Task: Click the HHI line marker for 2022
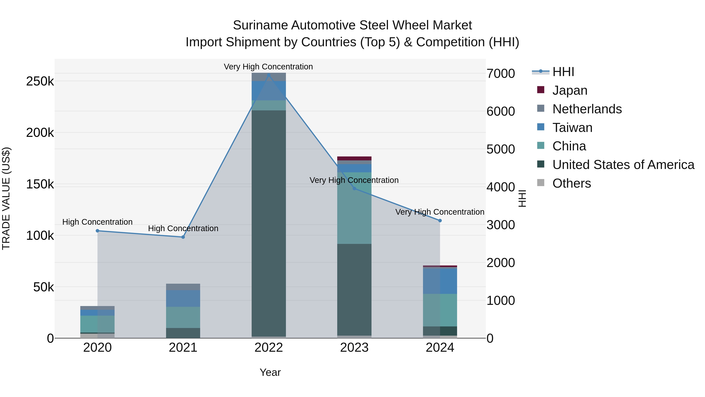(268, 75)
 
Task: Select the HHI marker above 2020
(98, 231)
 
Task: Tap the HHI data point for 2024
(440, 221)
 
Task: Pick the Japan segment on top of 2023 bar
(354, 158)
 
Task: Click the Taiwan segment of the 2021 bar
(183, 298)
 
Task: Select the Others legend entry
(571, 183)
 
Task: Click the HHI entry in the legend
(563, 72)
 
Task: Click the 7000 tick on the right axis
(501, 74)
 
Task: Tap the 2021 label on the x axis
(183, 348)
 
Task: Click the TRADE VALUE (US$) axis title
(6, 198)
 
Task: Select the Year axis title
(270, 372)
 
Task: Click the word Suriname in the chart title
(260, 25)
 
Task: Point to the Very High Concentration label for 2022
(268, 67)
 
